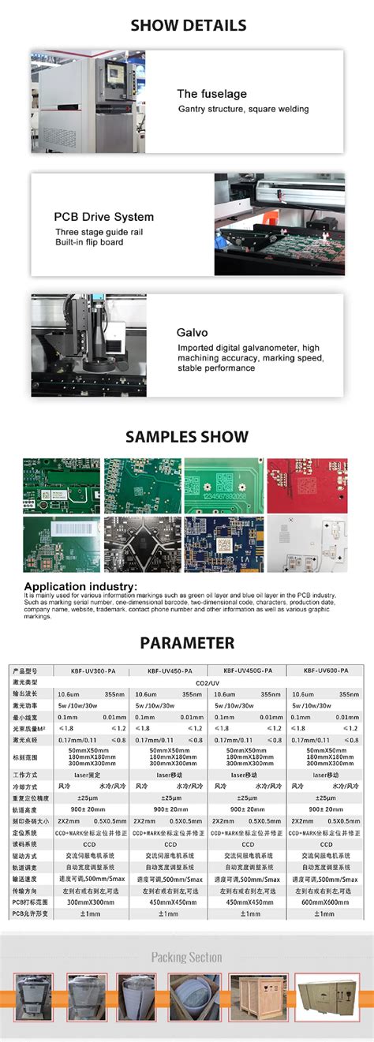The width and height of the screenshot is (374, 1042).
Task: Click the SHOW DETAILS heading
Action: pyautogui.click(x=188, y=26)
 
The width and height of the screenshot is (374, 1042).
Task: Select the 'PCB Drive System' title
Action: pyautogui.click(x=103, y=217)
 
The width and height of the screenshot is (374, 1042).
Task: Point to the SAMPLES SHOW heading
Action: pyautogui.click(x=187, y=437)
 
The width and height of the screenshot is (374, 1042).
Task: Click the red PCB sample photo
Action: pyautogui.click(x=306, y=484)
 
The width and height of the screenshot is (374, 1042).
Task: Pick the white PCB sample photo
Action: pyautogui.click(x=306, y=543)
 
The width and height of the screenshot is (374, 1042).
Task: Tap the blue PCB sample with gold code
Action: pyautogui.click(x=224, y=543)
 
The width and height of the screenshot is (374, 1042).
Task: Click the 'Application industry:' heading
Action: pyautogui.click(x=80, y=586)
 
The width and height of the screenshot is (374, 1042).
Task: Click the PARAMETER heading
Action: pyautogui.click(x=187, y=643)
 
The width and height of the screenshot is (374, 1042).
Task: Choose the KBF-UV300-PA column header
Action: pyautogui.click(x=89, y=670)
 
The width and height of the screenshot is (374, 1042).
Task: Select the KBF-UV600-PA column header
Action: pyautogui.click(x=325, y=670)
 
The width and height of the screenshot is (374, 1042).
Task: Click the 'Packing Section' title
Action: pyautogui.click(x=187, y=958)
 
